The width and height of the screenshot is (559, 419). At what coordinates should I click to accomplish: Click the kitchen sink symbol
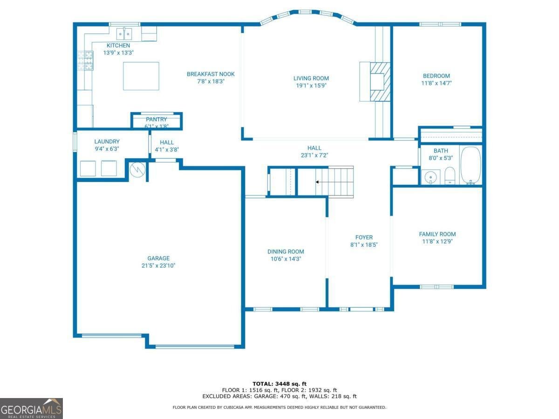point(124,34)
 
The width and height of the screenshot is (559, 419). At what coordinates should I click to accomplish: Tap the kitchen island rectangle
point(141,76)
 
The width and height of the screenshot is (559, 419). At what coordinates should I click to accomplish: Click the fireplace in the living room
point(377,81)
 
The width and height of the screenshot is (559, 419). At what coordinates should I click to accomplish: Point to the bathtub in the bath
point(470,166)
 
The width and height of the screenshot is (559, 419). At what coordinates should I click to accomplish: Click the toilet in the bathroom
point(450,176)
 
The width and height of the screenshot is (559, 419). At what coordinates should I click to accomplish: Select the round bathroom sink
point(431,177)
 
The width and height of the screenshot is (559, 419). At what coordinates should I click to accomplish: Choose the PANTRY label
point(156,119)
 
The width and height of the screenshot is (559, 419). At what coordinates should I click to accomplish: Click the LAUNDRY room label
point(107,142)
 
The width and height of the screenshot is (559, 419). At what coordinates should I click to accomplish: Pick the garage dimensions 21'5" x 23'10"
point(158,266)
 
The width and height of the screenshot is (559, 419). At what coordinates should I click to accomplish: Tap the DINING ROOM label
point(286,251)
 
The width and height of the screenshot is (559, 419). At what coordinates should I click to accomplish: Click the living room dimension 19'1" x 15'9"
point(311,86)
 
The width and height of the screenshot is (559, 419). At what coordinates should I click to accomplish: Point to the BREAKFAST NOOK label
point(211,74)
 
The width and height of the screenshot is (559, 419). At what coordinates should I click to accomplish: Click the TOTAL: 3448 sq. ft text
point(279,383)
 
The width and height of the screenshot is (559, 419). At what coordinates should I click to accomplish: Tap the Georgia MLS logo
point(31,408)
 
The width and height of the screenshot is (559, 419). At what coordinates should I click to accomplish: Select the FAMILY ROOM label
point(437,234)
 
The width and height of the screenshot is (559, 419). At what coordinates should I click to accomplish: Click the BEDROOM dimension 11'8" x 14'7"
point(436,83)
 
